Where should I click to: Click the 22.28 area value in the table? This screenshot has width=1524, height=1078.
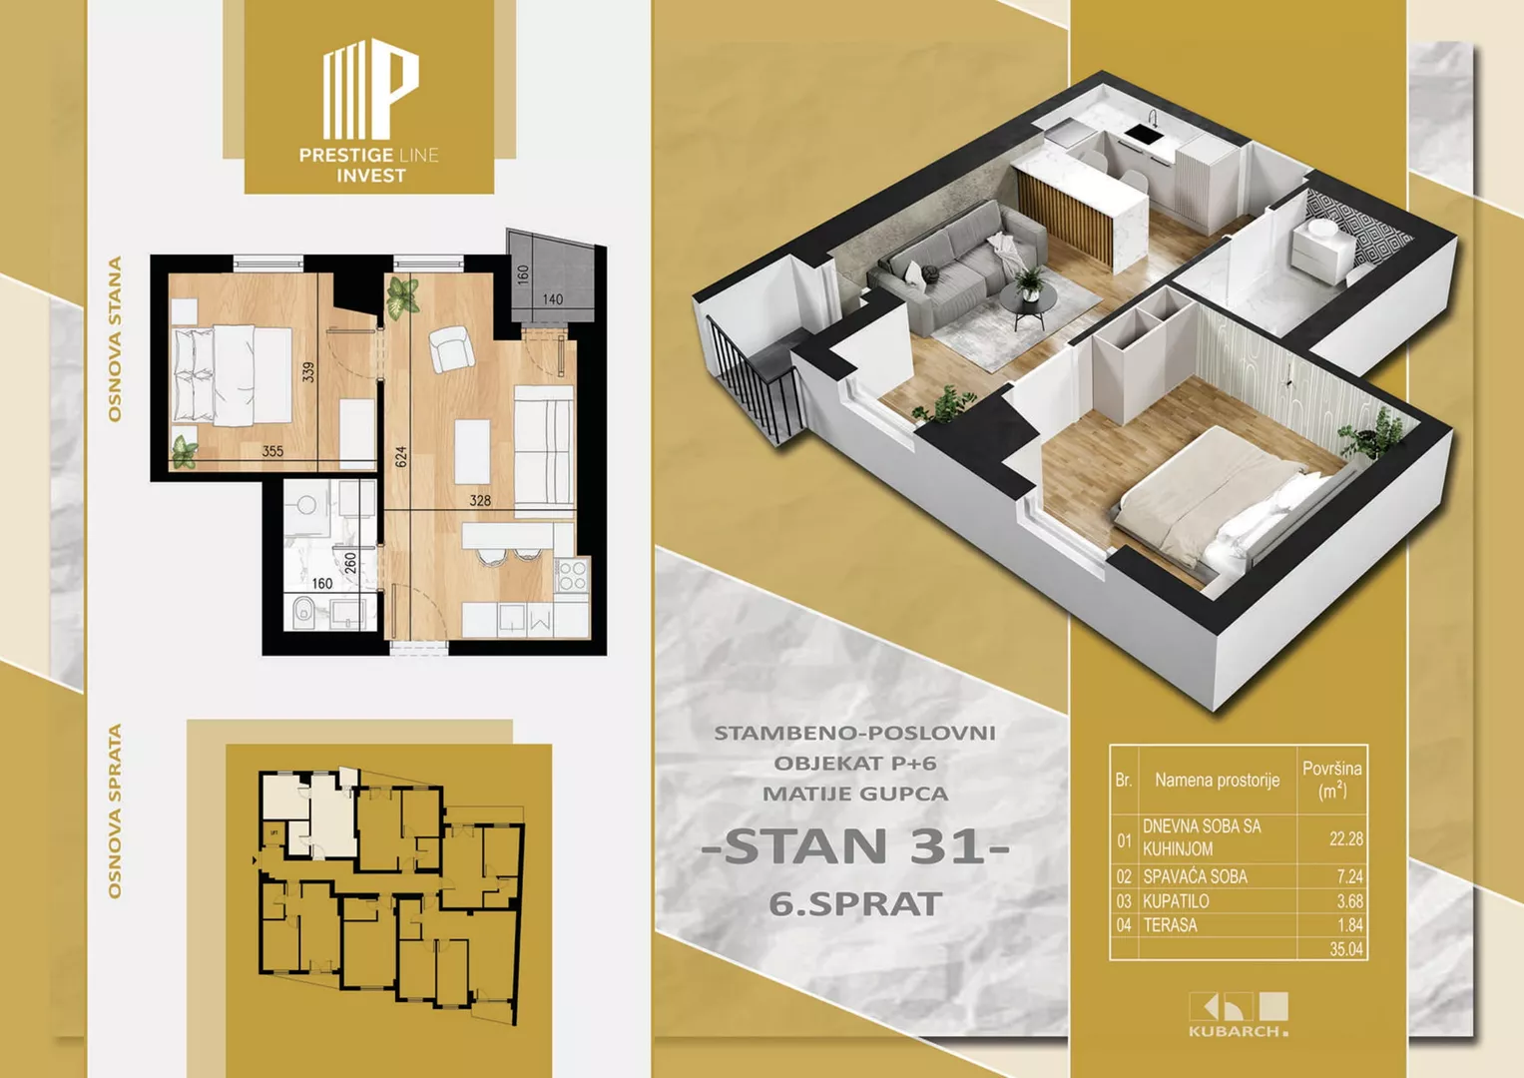1345,838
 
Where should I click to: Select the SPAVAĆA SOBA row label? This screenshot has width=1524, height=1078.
1195,876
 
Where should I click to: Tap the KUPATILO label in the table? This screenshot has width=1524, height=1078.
1176,901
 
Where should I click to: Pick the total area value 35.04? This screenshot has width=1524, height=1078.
1346,949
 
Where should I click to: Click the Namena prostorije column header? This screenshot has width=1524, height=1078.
1218,780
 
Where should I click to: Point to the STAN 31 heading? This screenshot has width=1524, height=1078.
855,846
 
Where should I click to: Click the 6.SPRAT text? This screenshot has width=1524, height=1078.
855,903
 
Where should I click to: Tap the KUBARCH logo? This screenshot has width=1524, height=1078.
1239,1014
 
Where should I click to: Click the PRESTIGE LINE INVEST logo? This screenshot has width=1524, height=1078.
369,110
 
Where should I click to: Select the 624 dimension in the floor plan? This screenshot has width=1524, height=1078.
401,457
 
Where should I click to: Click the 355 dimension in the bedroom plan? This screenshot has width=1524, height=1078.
272,450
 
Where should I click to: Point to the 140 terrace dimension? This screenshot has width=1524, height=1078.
553,299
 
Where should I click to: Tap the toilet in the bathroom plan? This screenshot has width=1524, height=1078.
301,612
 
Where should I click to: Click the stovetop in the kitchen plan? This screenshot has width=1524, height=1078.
572,576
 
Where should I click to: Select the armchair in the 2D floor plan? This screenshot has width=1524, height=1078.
451,348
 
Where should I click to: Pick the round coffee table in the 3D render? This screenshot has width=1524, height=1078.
1028,301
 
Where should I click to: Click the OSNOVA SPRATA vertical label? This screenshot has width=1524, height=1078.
115,811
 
